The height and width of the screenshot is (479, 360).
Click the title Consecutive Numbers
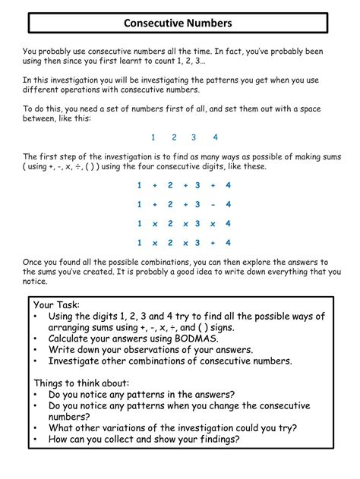tap(179, 24)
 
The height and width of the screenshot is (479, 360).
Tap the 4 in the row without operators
tap(216, 137)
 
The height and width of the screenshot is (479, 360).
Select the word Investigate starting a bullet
tap(78, 361)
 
